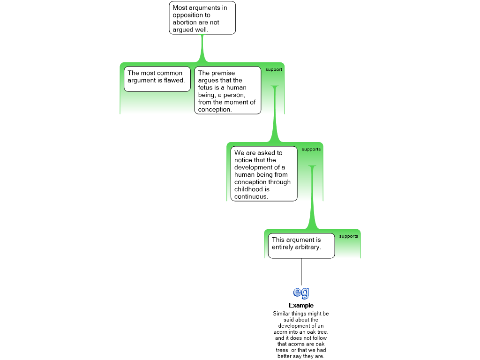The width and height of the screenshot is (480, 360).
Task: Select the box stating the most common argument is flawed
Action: (x=157, y=79)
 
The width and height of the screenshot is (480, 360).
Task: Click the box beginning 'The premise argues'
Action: (x=227, y=90)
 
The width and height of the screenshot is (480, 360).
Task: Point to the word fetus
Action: (x=206, y=88)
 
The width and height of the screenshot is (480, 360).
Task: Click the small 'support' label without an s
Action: (x=274, y=70)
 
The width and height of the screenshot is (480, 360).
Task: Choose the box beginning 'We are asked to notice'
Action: (x=263, y=173)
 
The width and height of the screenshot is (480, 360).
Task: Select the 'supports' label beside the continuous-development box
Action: (x=311, y=150)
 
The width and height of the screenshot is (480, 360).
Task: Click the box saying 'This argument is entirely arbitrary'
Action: (x=301, y=245)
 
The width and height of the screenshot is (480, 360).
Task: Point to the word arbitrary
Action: (x=308, y=247)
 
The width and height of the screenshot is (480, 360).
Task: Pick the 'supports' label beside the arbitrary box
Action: (x=348, y=236)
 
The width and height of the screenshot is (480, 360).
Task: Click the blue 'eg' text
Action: (x=301, y=292)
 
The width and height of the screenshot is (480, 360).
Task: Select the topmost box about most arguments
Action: (x=202, y=18)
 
